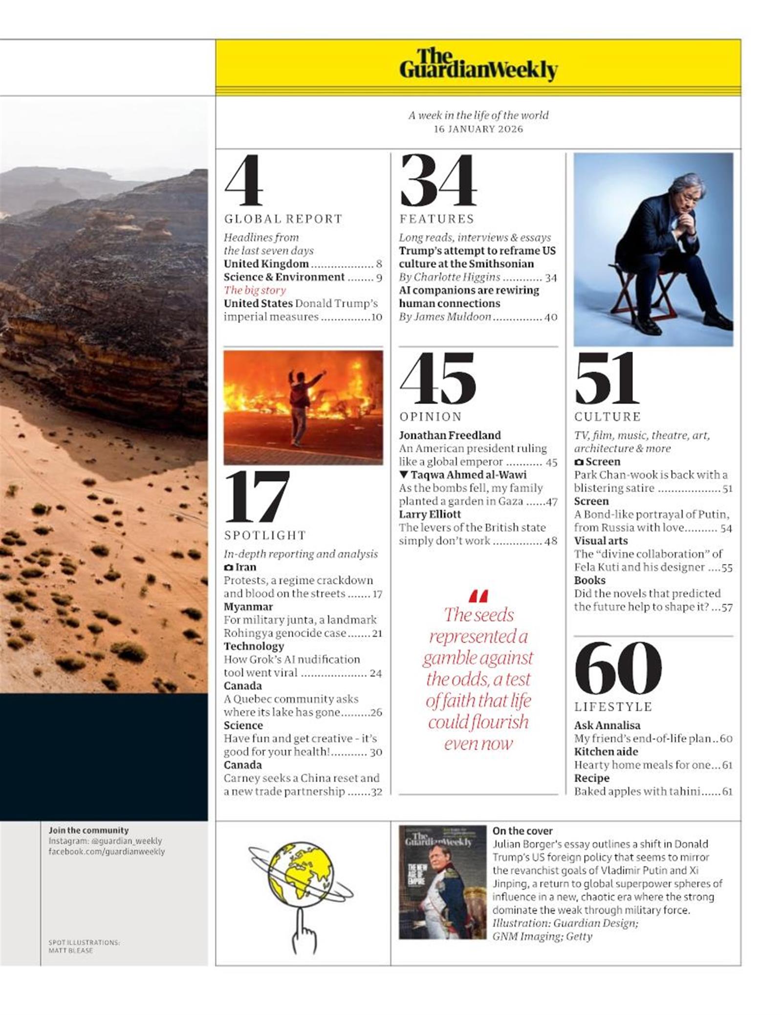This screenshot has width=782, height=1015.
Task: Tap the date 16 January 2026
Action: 478,129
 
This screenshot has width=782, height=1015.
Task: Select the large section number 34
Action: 438,181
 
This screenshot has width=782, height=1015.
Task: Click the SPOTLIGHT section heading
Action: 265,535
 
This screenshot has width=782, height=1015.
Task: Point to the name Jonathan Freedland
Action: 450,435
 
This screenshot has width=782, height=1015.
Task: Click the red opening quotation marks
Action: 478,596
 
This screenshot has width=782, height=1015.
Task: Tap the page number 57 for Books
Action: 727,607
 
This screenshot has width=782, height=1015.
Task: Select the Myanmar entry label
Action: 248,607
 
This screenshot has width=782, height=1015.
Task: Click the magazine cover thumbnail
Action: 442,882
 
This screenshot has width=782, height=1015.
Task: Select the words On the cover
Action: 522,831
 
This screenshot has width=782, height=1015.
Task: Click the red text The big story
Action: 255,290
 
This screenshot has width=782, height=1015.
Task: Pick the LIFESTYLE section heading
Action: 613,706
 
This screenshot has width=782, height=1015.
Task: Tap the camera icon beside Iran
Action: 228,567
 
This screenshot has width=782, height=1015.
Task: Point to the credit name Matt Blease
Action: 70,950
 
